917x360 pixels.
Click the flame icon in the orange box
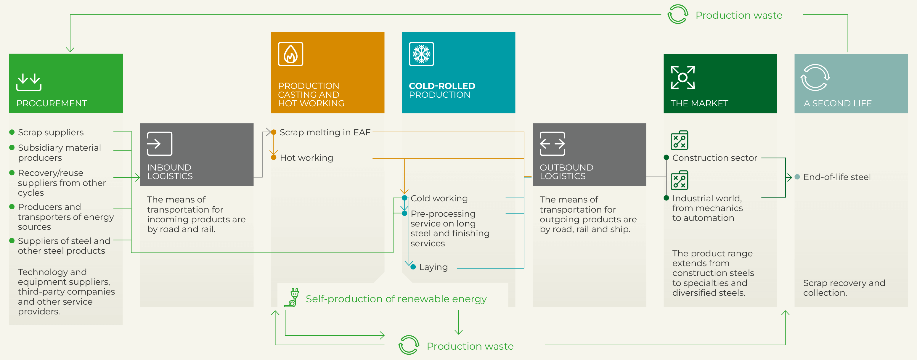(290, 54)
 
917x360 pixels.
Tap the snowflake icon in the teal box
(421, 54)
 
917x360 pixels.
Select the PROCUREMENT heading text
(52, 103)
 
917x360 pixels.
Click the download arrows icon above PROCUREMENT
(29, 82)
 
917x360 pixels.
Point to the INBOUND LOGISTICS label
(170, 172)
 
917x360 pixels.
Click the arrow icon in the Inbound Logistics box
(160, 144)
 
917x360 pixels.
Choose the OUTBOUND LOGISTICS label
(566, 172)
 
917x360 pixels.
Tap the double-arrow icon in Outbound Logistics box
(552, 144)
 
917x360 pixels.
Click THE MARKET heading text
(699, 103)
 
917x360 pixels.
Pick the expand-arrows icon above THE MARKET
(683, 77)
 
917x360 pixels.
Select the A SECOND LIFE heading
(838, 103)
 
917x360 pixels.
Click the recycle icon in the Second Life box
(815, 77)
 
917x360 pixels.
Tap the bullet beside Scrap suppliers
(12, 132)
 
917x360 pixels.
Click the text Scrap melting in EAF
(325, 132)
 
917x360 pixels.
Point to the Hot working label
(306, 158)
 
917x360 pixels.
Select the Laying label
(433, 267)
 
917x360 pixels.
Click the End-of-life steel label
(836, 177)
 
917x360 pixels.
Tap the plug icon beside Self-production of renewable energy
(292, 298)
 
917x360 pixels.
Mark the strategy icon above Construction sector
(679, 140)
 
